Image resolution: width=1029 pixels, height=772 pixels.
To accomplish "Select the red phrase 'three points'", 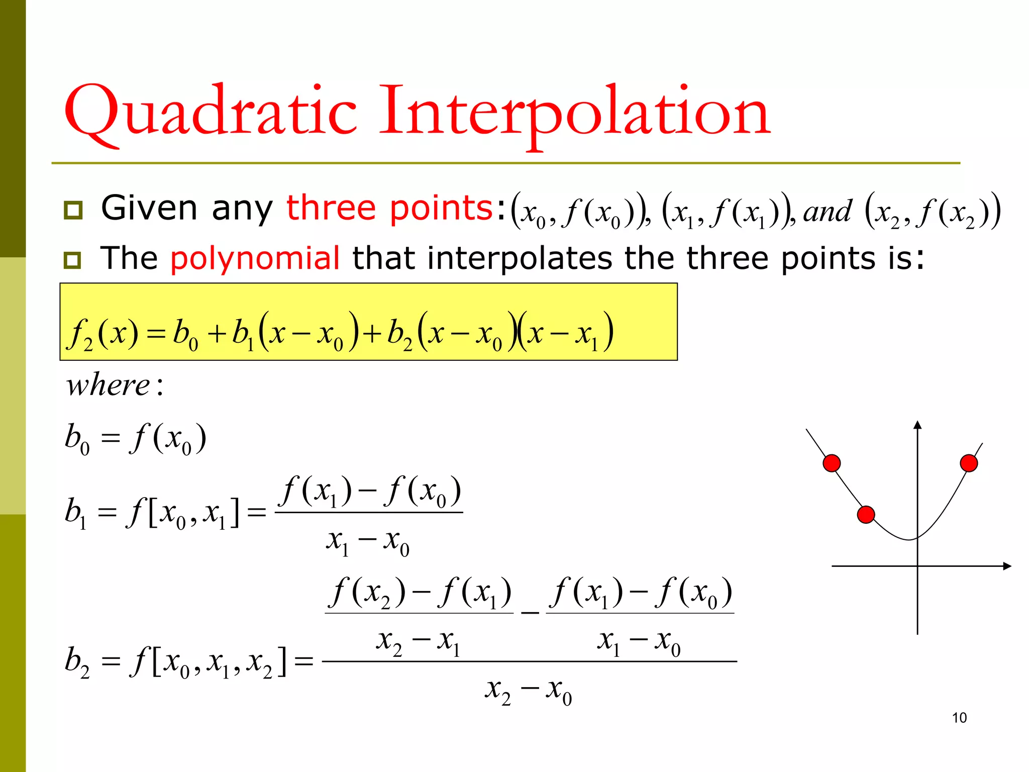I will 389,208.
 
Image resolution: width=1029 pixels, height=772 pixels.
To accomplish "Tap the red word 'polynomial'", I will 255,258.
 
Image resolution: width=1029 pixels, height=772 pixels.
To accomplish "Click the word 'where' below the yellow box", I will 109,386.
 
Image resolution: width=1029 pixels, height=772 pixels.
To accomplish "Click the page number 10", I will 959,718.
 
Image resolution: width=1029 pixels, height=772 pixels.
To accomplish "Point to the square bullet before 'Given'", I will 73,210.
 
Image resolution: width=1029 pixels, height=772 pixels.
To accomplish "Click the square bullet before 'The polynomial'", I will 73,260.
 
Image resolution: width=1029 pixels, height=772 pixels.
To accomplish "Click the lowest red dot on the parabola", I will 866,515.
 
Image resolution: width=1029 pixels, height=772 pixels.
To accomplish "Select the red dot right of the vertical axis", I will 969,463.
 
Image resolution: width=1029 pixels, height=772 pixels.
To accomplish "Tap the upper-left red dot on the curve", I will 832,463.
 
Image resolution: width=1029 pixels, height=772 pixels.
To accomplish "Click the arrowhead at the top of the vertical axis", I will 917,425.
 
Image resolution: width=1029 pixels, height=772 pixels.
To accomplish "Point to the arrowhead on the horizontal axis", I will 1006,566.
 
